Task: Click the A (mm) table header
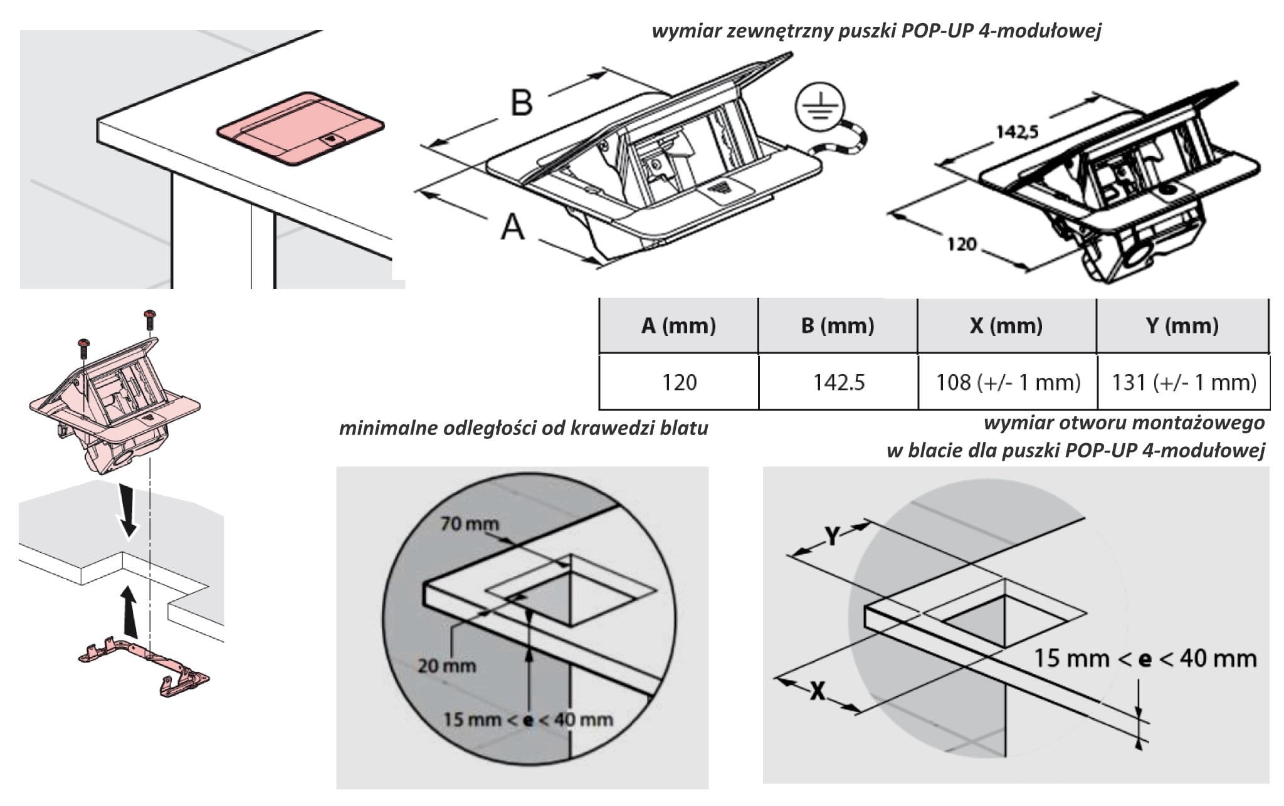(x=678, y=326)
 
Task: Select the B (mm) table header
(x=838, y=326)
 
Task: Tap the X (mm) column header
(x=1006, y=326)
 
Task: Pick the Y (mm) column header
(x=1182, y=326)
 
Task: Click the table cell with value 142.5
(x=839, y=382)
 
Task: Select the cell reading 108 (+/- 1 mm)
(x=1008, y=382)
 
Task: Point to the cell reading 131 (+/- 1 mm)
(x=1184, y=382)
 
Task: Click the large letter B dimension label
(x=522, y=102)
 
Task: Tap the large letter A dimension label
(x=512, y=227)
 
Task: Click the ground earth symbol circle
(x=820, y=112)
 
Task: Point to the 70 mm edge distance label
(x=469, y=523)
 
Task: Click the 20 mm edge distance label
(x=446, y=666)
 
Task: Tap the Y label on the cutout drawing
(x=831, y=536)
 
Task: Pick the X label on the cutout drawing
(x=817, y=692)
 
